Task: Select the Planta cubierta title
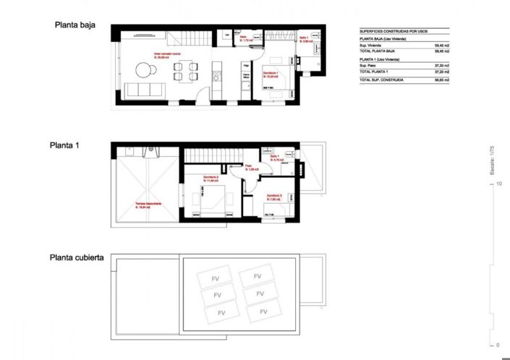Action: click(78, 257)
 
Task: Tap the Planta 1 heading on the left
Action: click(64, 145)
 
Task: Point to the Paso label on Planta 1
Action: click(247, 167)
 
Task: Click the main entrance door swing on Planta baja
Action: click(197, 99)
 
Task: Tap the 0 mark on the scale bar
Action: click(498, 344)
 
